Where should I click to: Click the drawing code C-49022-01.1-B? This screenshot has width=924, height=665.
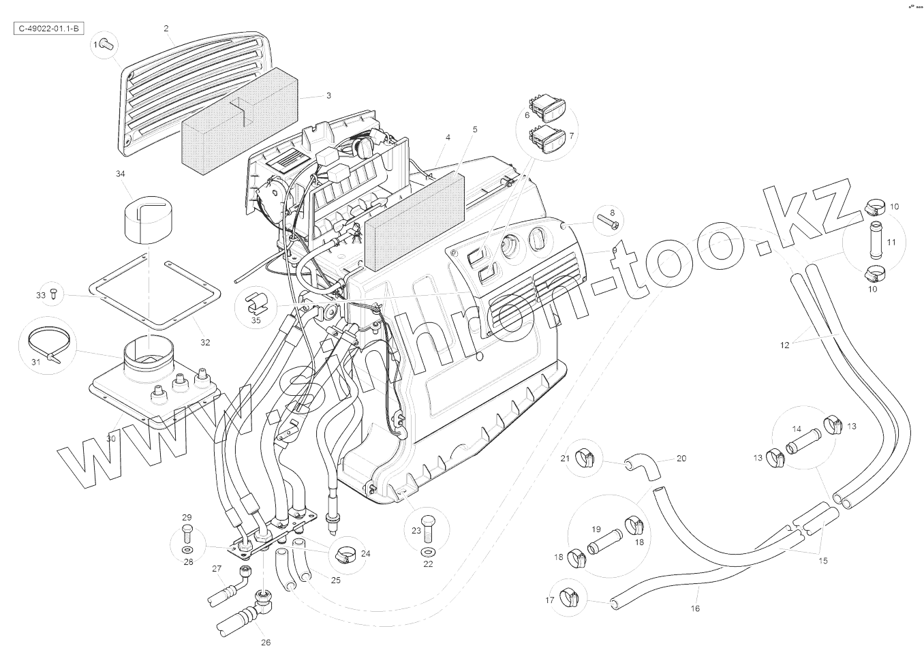pos(48,29)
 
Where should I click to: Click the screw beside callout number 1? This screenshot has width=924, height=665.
pos(106,44)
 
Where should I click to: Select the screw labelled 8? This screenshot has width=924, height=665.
pos(609,220)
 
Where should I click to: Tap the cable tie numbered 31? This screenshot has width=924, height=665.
pos(49,344)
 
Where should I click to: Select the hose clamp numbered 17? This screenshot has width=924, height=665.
pos(568,598)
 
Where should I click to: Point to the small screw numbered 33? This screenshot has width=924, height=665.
pos(55,294)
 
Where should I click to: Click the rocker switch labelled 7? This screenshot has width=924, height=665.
pos(549,142)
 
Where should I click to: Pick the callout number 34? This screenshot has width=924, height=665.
pos(120,174)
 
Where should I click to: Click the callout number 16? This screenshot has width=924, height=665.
pos(695,608)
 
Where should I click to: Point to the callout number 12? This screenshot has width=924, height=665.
pos(784,345)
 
